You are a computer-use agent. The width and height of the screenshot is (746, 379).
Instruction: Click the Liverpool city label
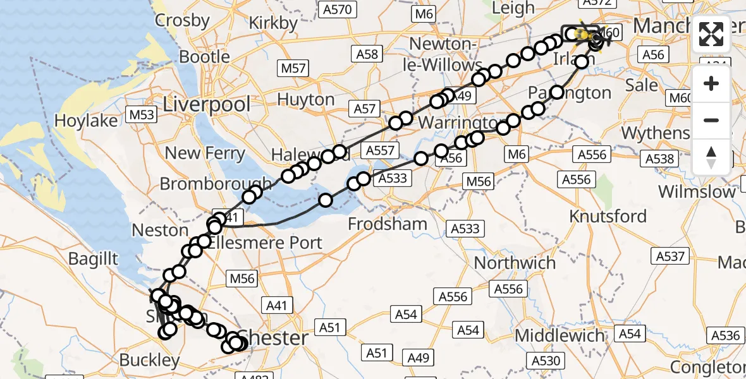[207, 104]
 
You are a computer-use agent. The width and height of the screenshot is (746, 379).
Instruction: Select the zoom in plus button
[711, 83]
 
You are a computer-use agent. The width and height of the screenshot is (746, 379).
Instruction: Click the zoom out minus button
[711, 120]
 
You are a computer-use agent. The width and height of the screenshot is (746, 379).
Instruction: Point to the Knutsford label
[608, 216]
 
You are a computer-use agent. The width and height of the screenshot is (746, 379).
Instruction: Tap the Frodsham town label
[388, 224]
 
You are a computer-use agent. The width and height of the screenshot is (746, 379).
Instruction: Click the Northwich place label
[515, 263]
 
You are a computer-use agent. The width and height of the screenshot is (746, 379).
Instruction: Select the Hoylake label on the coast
[86, 121]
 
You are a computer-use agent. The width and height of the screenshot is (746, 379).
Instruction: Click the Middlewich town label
[560, 335]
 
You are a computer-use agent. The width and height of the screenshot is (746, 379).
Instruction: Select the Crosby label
[182, 20]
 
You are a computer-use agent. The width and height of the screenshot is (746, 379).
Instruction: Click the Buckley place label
[149, 361]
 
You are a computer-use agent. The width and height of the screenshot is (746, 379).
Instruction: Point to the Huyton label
[306, 100]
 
